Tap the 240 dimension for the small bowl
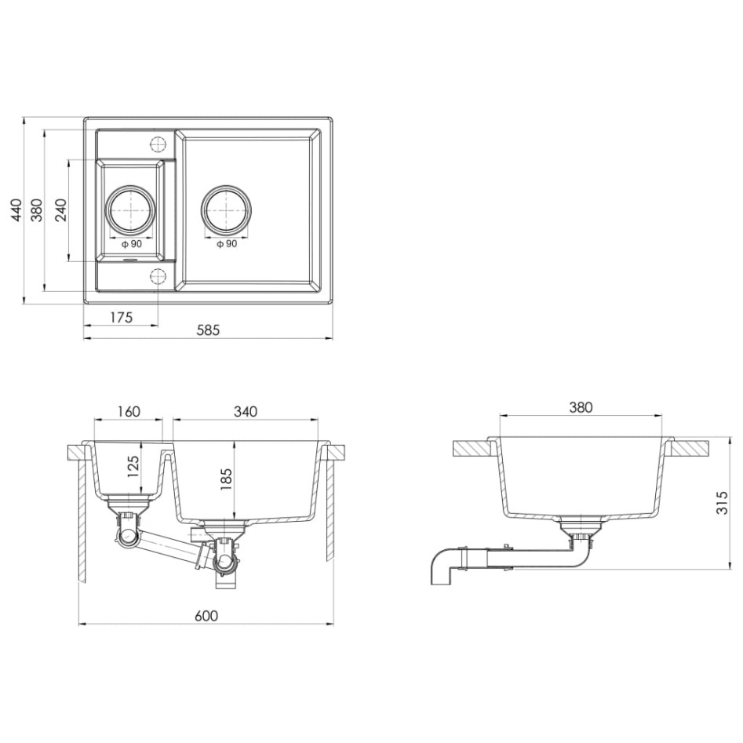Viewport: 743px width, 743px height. [61, 211]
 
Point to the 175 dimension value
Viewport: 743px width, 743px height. [120, 317]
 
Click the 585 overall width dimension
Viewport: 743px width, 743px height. [208, 330]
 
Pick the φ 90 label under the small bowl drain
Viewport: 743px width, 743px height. [131, 244]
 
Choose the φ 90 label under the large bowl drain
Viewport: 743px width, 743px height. [226, 244]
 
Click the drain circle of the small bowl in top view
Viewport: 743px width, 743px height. [129, 211]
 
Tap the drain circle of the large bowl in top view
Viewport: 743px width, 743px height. [226, 211]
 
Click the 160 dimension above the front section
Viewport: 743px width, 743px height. [129, 411]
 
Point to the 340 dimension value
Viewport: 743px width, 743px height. [246, 411]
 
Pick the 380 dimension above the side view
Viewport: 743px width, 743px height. [581, 407]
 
